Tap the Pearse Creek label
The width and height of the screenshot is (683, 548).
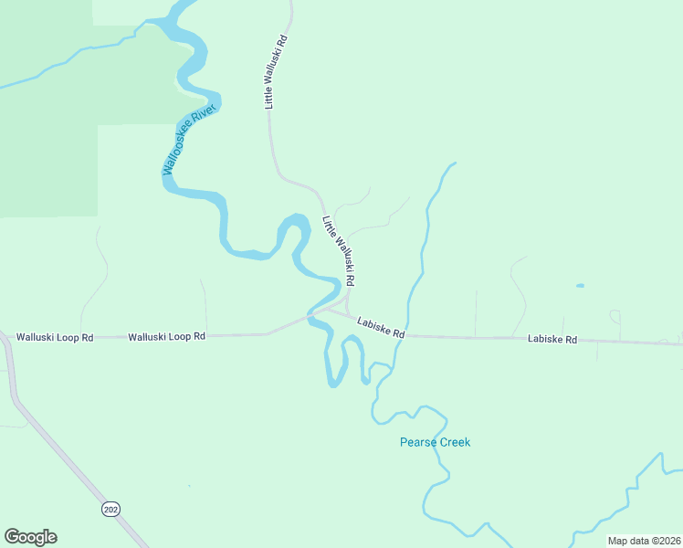pyautogui.click(x=435, y=443)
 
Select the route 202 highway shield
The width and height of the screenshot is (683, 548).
pyautogui.click(x=110, y=508)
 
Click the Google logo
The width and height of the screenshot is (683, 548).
pyautogui.click(x=30, y=537)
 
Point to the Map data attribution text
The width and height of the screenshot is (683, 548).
pyautogui.click(x=643, y=541)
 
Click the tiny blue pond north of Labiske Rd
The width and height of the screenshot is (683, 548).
pyautogui.click(x=580, y=286)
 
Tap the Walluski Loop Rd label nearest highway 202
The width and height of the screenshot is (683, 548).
pyautogui.click(x=55, y=338)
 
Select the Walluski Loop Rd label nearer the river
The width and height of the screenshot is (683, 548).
pyautogui.click(x=166, y=337)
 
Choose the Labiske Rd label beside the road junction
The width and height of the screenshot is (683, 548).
pyautogui.click(x=381, y=327)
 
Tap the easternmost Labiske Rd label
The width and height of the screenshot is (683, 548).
pyautogui.click(x=552, y=340)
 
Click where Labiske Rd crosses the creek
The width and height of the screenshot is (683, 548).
pyautogui.click(x=407, y=335)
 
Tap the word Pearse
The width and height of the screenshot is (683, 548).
pyautogui.click(x=417, y=443)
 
